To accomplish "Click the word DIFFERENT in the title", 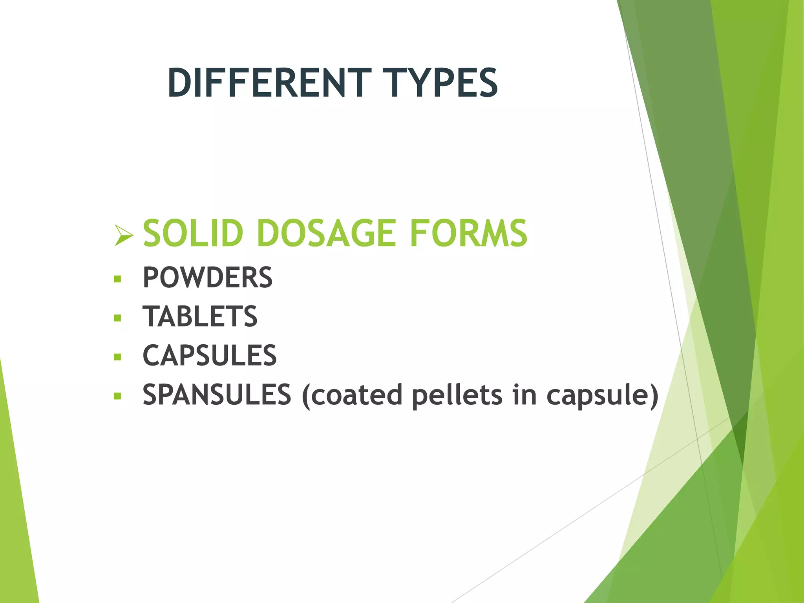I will (x=269, y=83).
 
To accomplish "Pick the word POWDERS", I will (x=207, y=278).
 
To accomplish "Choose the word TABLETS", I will (x=200, y=316).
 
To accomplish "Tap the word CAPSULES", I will (x=210, y=356).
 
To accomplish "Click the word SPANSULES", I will (x=217, y=395).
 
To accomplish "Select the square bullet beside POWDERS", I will (x=117, y=279).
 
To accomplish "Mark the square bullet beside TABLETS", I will (x=117, y=318).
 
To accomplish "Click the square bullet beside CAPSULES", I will (x=117, y=357).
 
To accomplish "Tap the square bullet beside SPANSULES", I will (x=117, y=396).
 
